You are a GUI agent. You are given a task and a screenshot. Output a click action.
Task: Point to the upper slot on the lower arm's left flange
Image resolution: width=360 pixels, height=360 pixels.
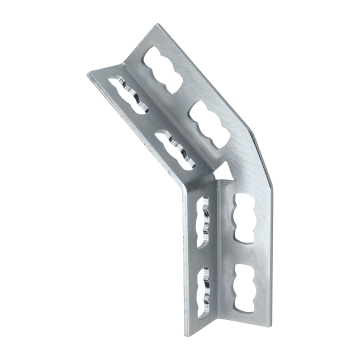point(208,216)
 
